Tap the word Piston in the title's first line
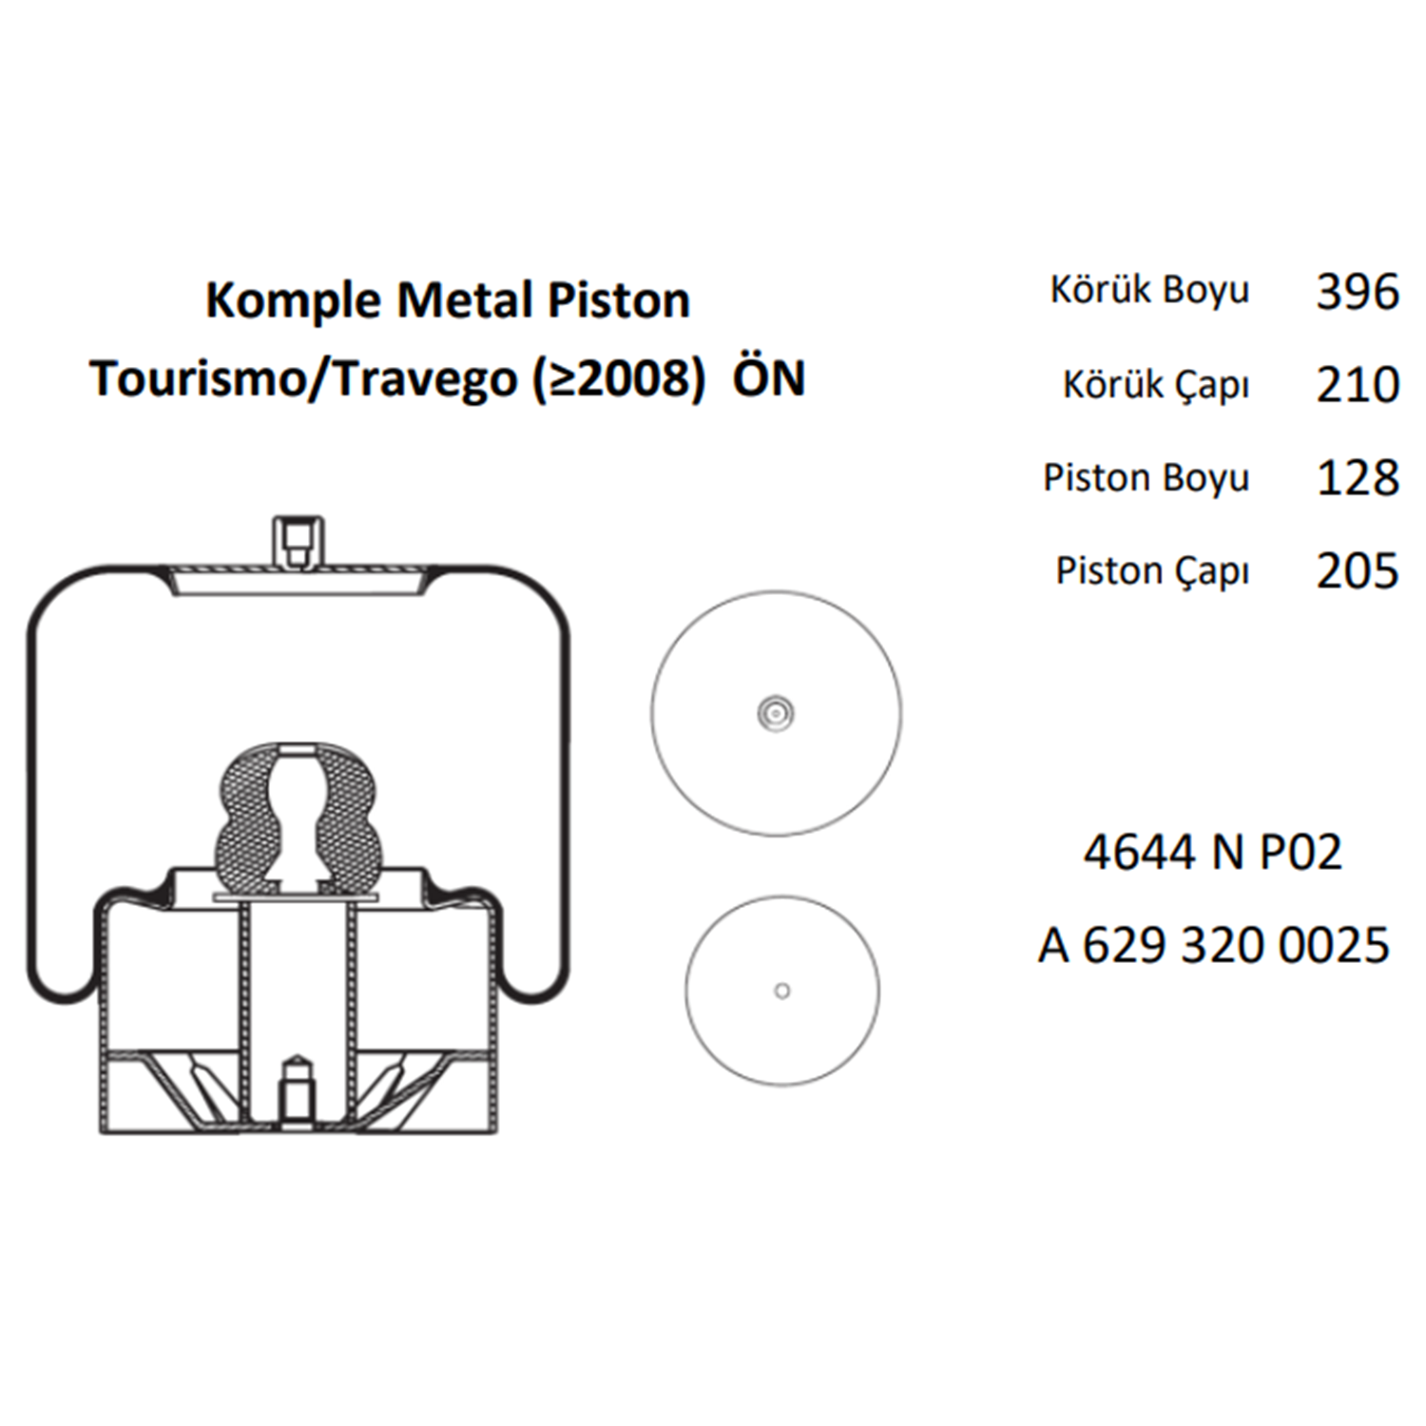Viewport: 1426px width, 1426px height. coord(619,300)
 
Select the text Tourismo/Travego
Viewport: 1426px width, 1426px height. coord(303,379)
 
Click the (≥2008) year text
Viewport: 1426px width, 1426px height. coord(620,379)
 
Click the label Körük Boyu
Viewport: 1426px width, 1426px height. coord(1149,290)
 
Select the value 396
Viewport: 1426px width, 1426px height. coord(1358,291)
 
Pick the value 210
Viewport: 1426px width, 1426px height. coord(1358,385)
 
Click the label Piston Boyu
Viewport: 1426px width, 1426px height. coord(1147,478)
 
